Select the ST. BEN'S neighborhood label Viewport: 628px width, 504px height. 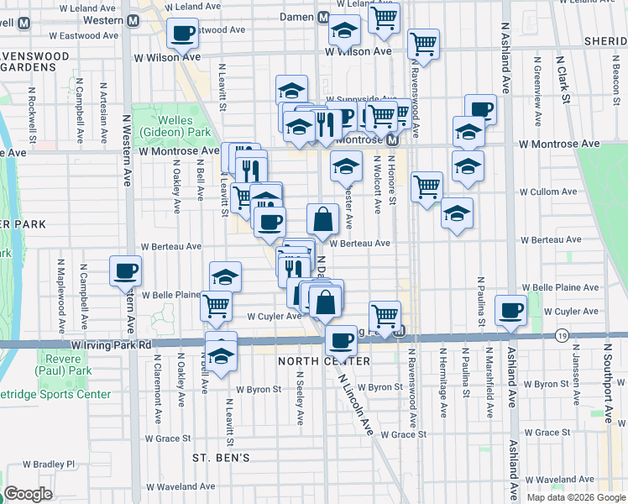222,458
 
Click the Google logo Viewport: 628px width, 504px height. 29,494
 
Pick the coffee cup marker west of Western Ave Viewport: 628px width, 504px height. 125,270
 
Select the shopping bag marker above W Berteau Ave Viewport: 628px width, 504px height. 322,220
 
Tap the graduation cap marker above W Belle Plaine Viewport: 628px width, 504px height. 225,276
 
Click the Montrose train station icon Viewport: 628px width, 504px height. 391,139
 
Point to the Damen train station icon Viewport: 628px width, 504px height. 322,18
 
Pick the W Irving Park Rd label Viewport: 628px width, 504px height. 111,345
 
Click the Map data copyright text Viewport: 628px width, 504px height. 574,497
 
